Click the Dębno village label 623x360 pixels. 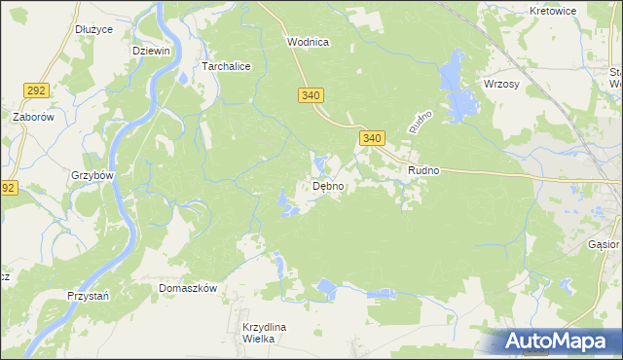click(x=327, y=187)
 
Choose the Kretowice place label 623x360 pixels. click(x=553, y=11)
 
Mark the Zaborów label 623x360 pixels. click(x=31, y=117)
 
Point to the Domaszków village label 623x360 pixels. click(x=188, y=289)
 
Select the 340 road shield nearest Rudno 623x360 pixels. click(x=372, y=139)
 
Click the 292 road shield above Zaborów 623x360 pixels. click(x=36, y=90)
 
